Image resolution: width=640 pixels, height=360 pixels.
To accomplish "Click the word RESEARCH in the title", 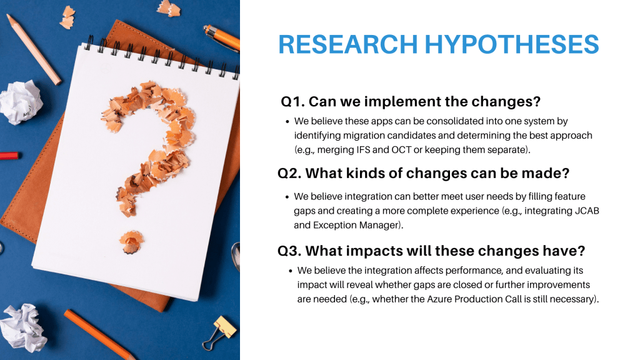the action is click(348, 44).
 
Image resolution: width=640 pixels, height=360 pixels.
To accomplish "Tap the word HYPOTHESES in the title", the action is click(512, 44).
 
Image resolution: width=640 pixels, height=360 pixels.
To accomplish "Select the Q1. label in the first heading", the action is click(292, 102).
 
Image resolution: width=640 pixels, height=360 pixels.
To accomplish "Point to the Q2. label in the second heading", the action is click(289, 174).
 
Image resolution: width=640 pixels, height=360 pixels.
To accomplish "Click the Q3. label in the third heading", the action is click(289, 251).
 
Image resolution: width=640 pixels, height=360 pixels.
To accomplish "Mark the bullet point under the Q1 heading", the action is click(287, 122).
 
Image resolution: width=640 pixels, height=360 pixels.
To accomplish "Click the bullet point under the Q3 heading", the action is click(291, 271).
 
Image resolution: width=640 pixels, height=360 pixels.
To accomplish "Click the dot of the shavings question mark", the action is click(131, 242).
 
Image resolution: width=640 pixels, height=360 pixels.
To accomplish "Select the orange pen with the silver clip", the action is click(222, 37).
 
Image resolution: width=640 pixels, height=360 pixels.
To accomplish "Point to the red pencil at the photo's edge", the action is click(9, 156).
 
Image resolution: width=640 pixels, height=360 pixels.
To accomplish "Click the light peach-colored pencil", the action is click(34, 49).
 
